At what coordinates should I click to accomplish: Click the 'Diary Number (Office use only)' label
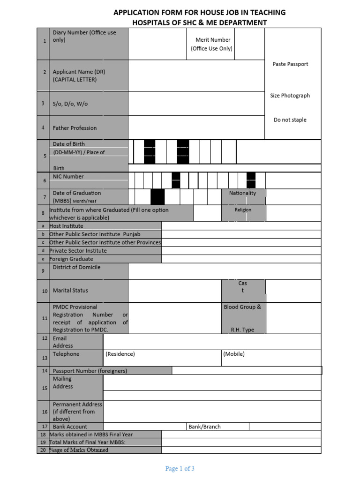(x=84, y=36)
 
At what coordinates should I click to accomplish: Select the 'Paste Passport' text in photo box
(x=290, y=64)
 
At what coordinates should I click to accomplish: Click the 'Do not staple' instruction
(x=290, y=120)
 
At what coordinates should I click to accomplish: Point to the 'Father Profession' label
(x=75, y=128)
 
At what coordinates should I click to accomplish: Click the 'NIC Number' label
(x=68, y=177)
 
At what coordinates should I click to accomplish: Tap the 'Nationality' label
(x=242, y=193)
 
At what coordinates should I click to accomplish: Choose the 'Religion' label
(x=243, y=210)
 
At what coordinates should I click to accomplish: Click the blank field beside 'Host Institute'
(x=241, y=226)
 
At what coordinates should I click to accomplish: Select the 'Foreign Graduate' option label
(x=71, y=259)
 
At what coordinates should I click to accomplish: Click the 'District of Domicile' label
(x=76, y=267)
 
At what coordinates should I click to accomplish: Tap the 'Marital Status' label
(x=70, y=291)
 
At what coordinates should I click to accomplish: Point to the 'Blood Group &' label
(x=242, y=307)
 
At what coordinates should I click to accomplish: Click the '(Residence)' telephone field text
(x=120, y=354)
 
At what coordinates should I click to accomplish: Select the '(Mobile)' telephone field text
(x=234, y=354)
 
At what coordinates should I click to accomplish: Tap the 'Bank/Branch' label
(x=204, y=427)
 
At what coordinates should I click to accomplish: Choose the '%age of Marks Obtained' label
(x=79, y=450)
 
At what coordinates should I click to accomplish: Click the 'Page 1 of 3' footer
(x=180, y=468)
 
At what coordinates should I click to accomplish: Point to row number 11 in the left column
(x=45, y=318)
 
